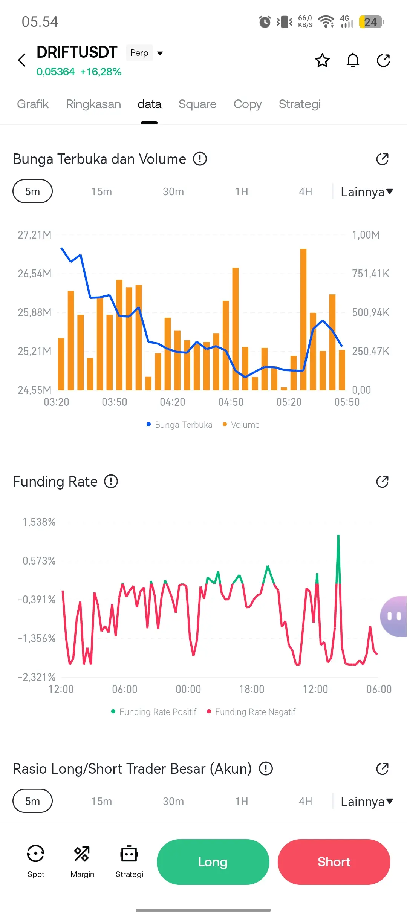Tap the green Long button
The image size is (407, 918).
[213, 861]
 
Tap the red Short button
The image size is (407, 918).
[334, 861]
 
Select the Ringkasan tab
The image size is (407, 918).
[93, 104]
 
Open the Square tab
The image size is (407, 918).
[197, 104]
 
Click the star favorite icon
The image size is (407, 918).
[322, 60]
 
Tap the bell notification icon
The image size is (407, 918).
[353, 60]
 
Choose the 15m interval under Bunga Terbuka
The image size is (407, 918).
[101, 191]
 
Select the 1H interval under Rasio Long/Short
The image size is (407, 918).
[242, 801]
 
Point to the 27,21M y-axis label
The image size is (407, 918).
[35, 235]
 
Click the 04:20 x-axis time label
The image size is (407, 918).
[173, 402]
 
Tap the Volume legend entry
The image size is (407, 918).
[241, 425]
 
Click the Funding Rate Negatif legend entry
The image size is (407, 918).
[251, 712]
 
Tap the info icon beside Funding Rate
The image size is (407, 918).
[111, 482]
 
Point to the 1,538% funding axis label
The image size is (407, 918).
[39, 522]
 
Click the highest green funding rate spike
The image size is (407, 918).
[338, 537]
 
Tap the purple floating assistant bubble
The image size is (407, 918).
[394, 616]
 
